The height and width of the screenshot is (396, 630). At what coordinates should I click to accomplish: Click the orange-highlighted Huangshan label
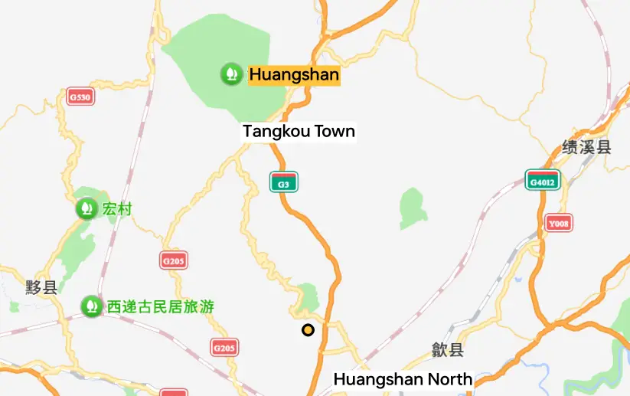pyautogui.click(x=294, y=75)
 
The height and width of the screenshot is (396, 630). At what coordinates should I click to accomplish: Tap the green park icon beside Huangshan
pyautogui.click(x=230, y=74)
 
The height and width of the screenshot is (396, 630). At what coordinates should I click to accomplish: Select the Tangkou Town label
pyautogui.click(x=299, y=132)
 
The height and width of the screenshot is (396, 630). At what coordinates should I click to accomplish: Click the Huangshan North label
pyautogui.click(x=403, y=379)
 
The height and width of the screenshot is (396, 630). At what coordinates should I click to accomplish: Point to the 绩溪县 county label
pyautogui.click(x=586, y=147)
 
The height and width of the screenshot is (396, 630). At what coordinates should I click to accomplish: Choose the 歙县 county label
pyautogui.click(x=448, y=350)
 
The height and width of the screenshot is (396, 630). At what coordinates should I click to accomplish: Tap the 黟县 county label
pyautogui.click(x=41, y=288)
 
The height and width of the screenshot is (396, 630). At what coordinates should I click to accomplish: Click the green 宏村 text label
pyautogui.click(x=117, y=208)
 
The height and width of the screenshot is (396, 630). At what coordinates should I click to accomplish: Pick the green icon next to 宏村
pyautogui.click(x=86, y=208)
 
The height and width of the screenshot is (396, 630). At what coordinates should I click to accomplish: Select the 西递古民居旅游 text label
pyautogui.click(x=160, y=307)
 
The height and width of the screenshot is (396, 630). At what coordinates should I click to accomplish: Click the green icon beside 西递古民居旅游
pyautogui.click(x=92, y=307)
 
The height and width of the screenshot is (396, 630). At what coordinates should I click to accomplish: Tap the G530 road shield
pyautogui.click(x=80, y=97)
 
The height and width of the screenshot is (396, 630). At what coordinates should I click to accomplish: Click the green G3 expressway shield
pyautogui.click(x=283, y=182)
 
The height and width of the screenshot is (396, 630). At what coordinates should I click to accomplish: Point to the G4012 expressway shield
pyautogui.click(x=543, y=180)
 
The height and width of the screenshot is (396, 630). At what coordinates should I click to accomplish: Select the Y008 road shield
pyautogui.click(x=559, y=224)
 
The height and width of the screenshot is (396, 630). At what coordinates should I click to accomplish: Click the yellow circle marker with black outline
pyautogui.click(x=308, y=330)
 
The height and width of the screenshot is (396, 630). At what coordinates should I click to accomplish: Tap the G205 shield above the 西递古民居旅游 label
pyautogui.click(x=174, y=260)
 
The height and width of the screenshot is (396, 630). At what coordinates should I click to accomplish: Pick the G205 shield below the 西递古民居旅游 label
pyautogui.click(x=224, y=348)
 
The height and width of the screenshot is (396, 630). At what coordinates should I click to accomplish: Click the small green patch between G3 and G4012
pyautogui.click(x=413, y=208)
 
